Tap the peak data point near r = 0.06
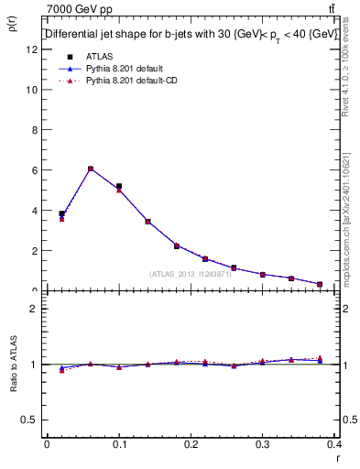tap(91, 169)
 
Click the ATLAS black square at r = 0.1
tap(119, 186)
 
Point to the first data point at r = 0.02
tap(61, 214)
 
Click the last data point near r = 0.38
tap(320, 284)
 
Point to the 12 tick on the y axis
tap(34, 49)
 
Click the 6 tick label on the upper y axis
tap(35, 170)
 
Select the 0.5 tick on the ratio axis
tap(30, 420)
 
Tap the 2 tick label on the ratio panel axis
tap(35, 309)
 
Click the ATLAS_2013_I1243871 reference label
tap(191, 274)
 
